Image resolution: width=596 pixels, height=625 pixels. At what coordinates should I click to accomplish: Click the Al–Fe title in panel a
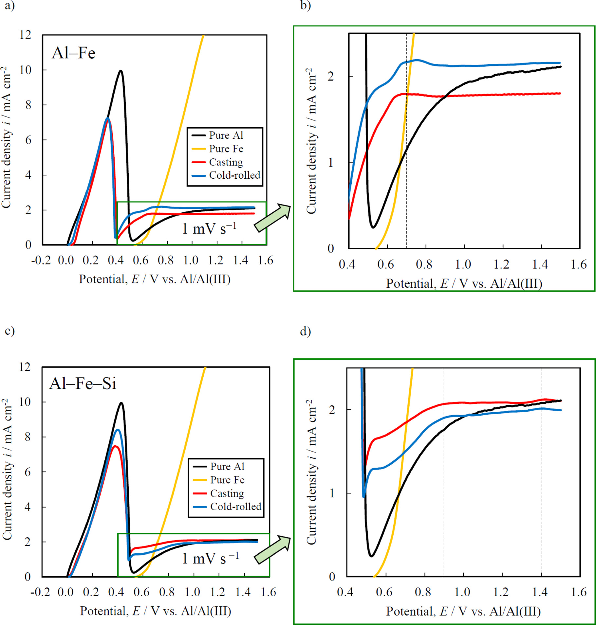click(74, 53)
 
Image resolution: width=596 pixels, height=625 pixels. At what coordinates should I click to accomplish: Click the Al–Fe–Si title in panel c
click(83, 383)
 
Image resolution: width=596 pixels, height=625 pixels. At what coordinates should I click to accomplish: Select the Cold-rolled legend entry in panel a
click(234, 175)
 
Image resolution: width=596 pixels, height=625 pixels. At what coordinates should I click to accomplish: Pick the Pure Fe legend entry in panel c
click(227, 480)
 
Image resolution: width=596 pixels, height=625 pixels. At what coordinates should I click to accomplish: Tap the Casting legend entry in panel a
click(226, 162)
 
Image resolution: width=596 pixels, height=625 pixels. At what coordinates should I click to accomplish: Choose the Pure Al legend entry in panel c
click(227, 466)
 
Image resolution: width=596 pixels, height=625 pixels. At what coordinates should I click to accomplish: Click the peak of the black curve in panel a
click(121, 71)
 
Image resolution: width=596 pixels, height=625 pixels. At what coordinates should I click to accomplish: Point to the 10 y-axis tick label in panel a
click(26, 70)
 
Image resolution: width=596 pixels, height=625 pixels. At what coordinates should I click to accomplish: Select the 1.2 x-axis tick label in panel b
click(501, 264)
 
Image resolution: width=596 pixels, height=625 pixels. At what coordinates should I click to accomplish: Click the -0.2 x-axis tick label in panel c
click(40, 592)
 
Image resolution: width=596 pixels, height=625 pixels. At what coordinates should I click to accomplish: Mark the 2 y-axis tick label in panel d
click(332, 409)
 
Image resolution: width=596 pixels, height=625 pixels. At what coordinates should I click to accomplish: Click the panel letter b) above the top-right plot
click(305, 6)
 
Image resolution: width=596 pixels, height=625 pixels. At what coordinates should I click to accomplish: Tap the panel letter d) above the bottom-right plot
click(305, 331)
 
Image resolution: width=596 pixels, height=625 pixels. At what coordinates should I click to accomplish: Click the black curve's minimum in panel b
click(373, 227)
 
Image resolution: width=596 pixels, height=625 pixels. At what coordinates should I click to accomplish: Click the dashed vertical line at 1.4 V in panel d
click(541, 491)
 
